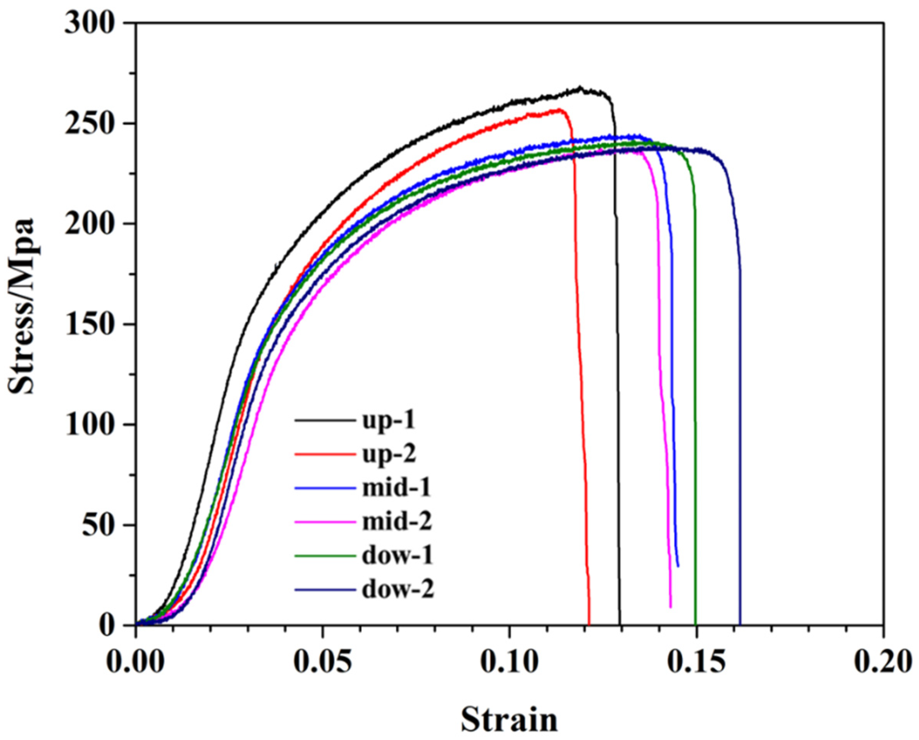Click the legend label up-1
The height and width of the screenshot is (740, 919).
(x=388, y=421)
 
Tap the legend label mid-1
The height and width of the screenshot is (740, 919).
(x=396, y=488)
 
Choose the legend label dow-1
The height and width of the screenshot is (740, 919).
(x=397, y=556)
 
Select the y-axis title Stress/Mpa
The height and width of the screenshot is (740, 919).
(x=21, y=307)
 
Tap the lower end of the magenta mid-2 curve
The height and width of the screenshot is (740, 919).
(x=671, y=607)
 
